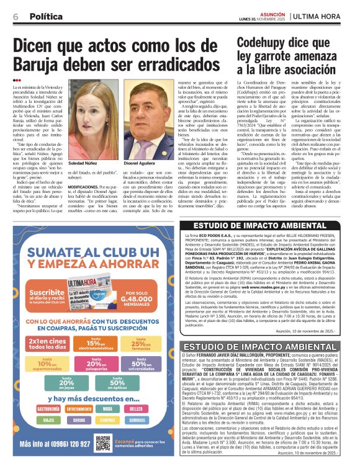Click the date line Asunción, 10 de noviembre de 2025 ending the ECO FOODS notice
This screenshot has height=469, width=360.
[315, 332]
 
